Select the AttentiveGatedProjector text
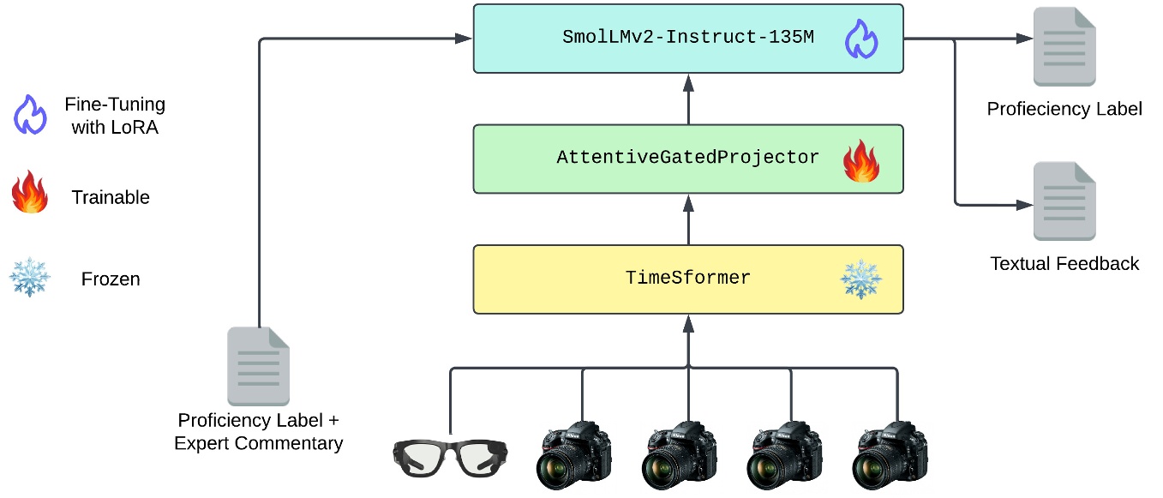click(x=687, y=159)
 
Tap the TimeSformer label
click(x=687, y=279)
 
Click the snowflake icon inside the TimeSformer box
click(x=860, y=279)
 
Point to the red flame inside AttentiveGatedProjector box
click(x=861, y=161)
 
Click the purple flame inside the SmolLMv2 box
click(x=861, y=39)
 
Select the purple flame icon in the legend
click(x=30, y=115)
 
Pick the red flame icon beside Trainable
click(x=30, y=195)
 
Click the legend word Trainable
click(x=111, y=197)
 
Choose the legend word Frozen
click(x=111, y=279)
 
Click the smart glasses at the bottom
click(x=451, y=457)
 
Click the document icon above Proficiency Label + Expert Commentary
click(x=258, y=366)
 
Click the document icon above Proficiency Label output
click(x=1064, y=46)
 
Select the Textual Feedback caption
click(x=1064, y=264)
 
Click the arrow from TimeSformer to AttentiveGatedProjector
click(x=687, y=219)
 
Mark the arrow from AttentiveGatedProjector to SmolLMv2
click(x=687, y=99)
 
